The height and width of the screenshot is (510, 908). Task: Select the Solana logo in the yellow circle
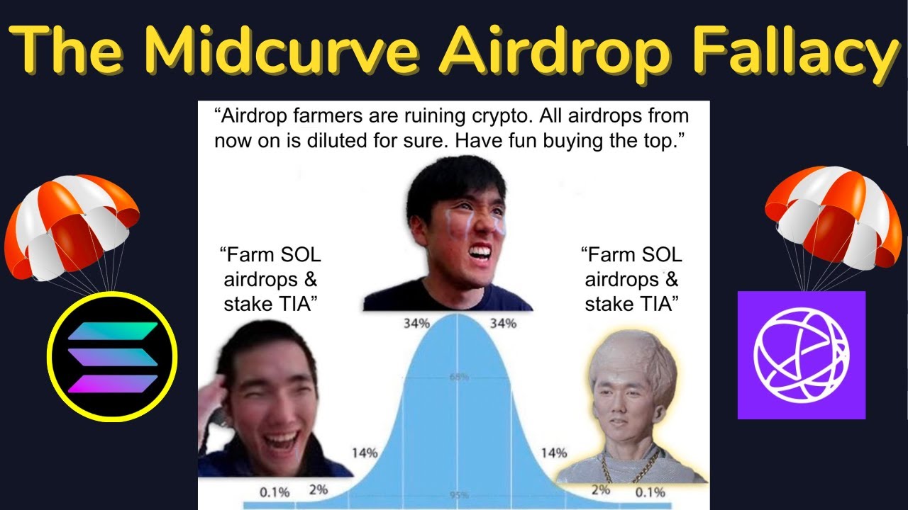click(x=112, y=357)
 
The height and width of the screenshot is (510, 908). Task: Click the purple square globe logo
click(x=801, y=355)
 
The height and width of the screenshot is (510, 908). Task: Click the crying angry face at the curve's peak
click(x=461, y=227)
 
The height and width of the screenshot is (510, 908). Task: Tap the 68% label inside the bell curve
click(x=458, y=378)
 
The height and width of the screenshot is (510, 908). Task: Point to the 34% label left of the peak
click(x=416, y=323)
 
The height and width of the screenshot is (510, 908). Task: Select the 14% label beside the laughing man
click(x=364, y=453)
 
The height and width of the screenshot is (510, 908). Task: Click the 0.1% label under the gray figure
click(x=650, y=492)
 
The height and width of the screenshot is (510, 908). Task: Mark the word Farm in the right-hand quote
click(x=607, y=254)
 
